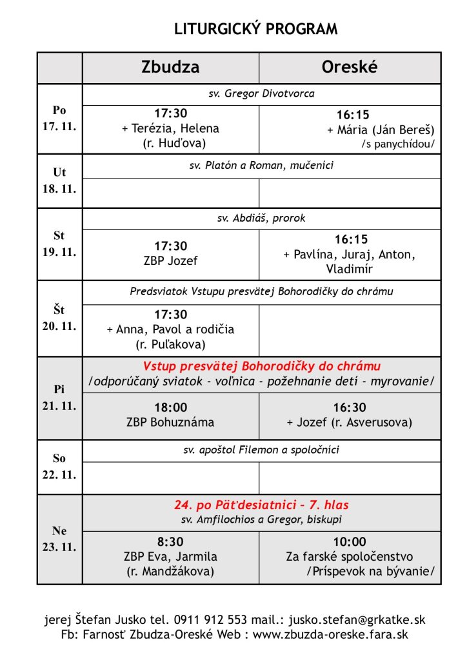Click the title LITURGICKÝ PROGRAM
coord(256,29)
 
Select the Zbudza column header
coord(170,68)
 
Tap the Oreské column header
coord(349,68)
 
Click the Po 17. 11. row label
coord(59,119)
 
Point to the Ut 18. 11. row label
coord(59,181)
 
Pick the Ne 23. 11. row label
coord(59,539)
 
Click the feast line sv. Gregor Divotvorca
coord(261,94)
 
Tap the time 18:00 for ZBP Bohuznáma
coord(170,408)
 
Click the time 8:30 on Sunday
coord(170,542)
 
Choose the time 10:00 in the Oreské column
coord(349,542)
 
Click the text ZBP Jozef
coord(170,261)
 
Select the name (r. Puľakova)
coord(170,344)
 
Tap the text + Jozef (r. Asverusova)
coord(349,423)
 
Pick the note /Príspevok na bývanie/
coord(370,570)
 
